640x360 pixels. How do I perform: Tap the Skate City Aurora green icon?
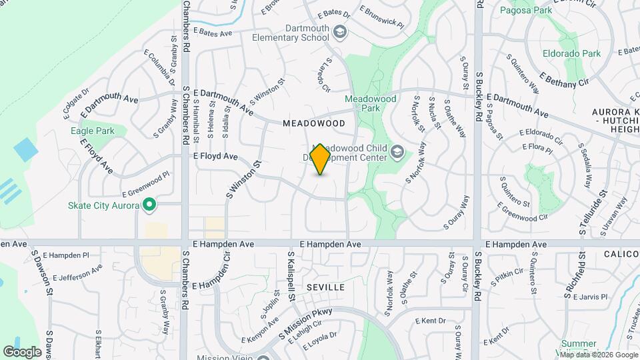[x=150, y=205]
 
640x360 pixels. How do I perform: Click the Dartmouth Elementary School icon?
[x=340, y=33]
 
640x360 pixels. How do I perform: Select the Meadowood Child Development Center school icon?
[x=398, y=153]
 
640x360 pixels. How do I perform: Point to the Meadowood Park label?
[x=371, y=103]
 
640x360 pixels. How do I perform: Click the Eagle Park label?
[x=93, y=131]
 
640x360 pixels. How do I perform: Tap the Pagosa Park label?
[x=526, y=11]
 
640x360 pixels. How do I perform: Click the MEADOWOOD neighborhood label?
[x=313, y=123]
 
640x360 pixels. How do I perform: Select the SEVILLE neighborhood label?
[x=325, y=287]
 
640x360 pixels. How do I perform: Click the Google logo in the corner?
[x=22, y=351]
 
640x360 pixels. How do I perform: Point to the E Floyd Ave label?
[x=215, y=156]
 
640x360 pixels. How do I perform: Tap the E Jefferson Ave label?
[x=78, y=273]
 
